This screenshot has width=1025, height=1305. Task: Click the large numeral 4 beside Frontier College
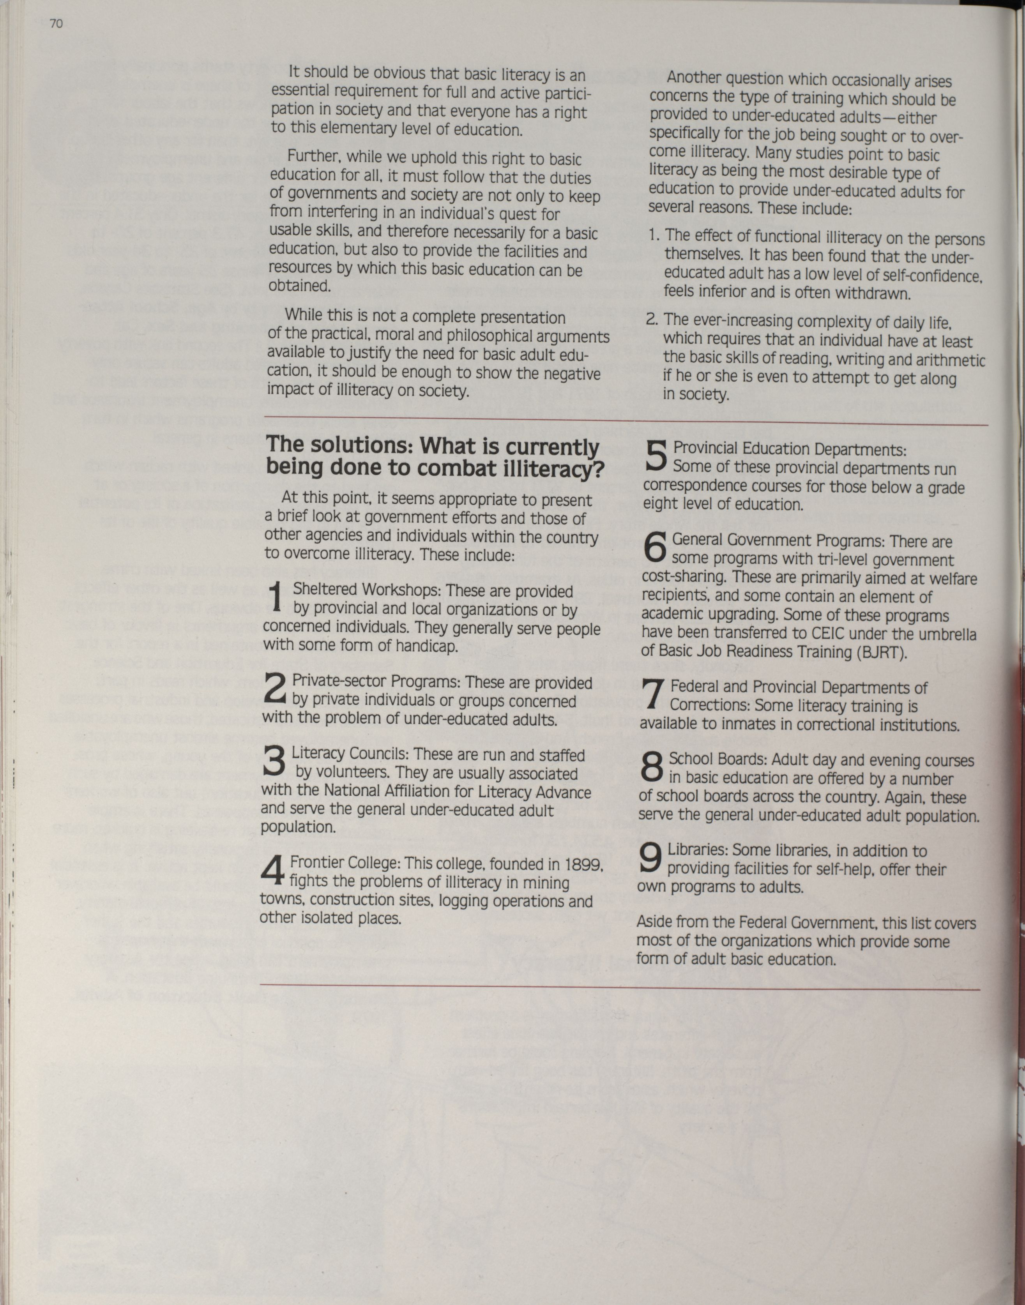[x=272, y=871]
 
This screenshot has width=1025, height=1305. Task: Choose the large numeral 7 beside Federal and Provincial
[x=652, y=694]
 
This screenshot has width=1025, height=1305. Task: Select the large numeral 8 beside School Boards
[x=652, y=767]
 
